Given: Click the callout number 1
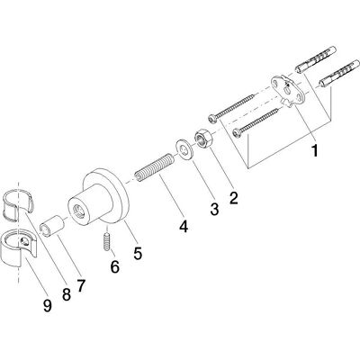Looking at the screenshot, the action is pos(315,150).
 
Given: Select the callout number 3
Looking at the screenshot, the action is pos(214,209).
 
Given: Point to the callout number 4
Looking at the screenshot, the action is pos(184,226).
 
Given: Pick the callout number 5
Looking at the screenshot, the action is pos(137,254).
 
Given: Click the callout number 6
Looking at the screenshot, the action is pos(114,266).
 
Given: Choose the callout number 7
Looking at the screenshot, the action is pos(81,285).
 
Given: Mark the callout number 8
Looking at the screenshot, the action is pos(67,294).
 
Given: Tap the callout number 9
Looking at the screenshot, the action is pos(47,305).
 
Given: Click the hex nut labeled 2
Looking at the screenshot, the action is pos(202,139).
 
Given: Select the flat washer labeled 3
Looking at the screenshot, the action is pos(184,149).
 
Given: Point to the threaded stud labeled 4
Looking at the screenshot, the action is pos(154,167).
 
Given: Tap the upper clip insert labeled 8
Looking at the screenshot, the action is pos(19,203).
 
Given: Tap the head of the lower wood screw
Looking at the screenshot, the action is pos(237,131).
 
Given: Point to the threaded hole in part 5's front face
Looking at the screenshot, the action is pos(80,210).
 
